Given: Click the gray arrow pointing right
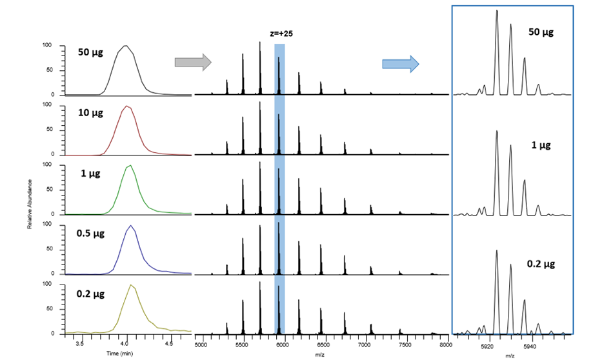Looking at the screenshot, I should pyautogui.click(x=193, y=62).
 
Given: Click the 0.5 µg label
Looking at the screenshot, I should pyautogui.click(x=93, y=234).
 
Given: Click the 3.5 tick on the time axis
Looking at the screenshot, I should pyautogui.click(x=80, y=345).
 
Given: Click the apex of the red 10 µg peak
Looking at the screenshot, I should pyautogui.click(x=126, y=106).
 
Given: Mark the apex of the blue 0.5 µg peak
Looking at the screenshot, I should pyautogui.click(x=130, y=226).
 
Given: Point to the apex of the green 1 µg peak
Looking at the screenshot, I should pyautogui.click(x=131, y=166).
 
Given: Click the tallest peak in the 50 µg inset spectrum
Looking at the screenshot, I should pyautogui.click(x=497, y=10).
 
